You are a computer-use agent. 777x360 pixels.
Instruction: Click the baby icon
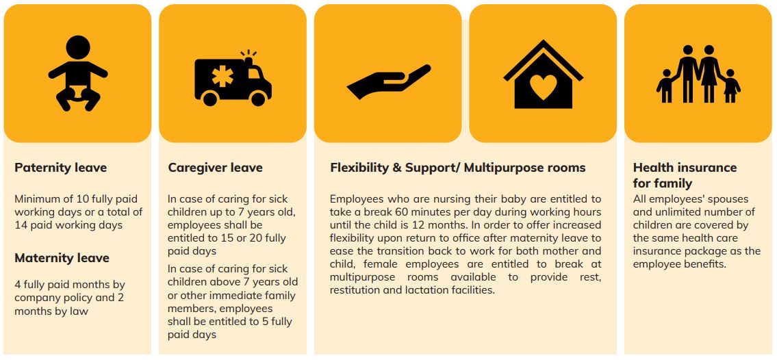coord(78,73)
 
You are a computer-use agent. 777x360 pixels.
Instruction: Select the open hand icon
coord(389,81)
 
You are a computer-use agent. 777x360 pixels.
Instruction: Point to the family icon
coord(698,74)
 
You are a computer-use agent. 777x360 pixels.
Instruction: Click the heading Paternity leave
coord(60,168)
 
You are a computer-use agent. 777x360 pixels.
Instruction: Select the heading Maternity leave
coord(62,258)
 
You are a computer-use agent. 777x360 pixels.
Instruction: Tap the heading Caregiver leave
coord(215,168)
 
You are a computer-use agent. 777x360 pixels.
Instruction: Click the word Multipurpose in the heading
coord(505,168)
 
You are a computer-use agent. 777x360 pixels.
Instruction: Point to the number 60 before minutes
coord(416,212)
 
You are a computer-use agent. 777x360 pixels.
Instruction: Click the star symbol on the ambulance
coord(222,76)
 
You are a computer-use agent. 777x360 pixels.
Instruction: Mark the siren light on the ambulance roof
coord(249,60)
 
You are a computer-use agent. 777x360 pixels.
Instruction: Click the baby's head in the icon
coord(78,47)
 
